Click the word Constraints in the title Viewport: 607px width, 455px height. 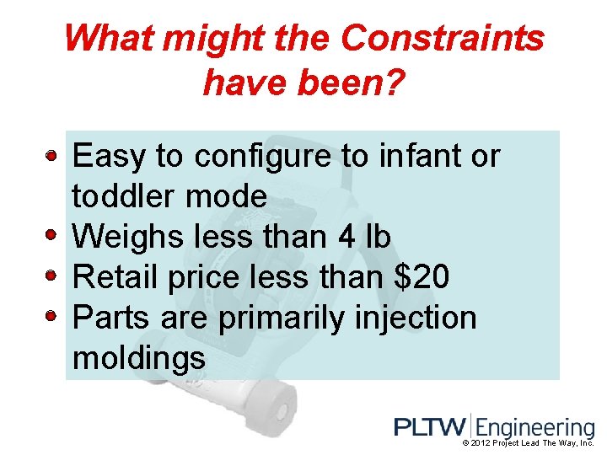coord(442,38)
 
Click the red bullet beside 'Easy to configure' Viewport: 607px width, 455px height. coord(51,156)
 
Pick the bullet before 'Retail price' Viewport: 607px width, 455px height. coord(51,275)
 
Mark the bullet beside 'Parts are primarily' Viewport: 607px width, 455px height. coord(51,315)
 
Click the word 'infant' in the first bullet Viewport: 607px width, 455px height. coord(410,156)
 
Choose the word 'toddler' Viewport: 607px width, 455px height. coord(124,197)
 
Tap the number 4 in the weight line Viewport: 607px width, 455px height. coord(345,238)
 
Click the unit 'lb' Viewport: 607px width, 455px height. coord(377,238)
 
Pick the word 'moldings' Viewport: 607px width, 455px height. coord(139,359)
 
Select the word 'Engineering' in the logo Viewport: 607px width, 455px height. coord(534,428)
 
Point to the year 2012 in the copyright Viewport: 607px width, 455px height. coord(484,443)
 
